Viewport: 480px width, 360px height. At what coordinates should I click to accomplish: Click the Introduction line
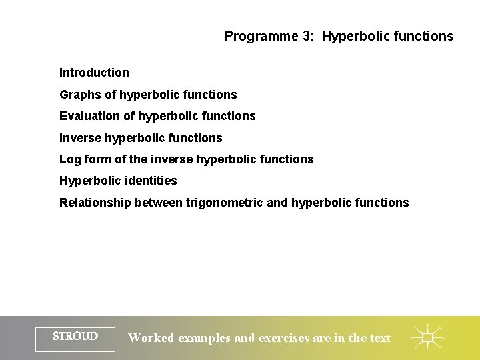pos(94,73)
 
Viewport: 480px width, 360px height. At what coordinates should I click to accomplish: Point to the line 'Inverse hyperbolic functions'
pos(141,138)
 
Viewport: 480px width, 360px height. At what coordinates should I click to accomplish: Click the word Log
pos(70,159)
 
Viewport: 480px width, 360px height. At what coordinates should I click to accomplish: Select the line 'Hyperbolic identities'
pos(118,181)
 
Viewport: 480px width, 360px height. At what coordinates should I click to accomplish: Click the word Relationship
pos(95,203)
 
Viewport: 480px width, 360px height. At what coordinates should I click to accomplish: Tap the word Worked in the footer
pos(150,338)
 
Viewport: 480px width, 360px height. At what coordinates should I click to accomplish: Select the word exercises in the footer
pos(284,338)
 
